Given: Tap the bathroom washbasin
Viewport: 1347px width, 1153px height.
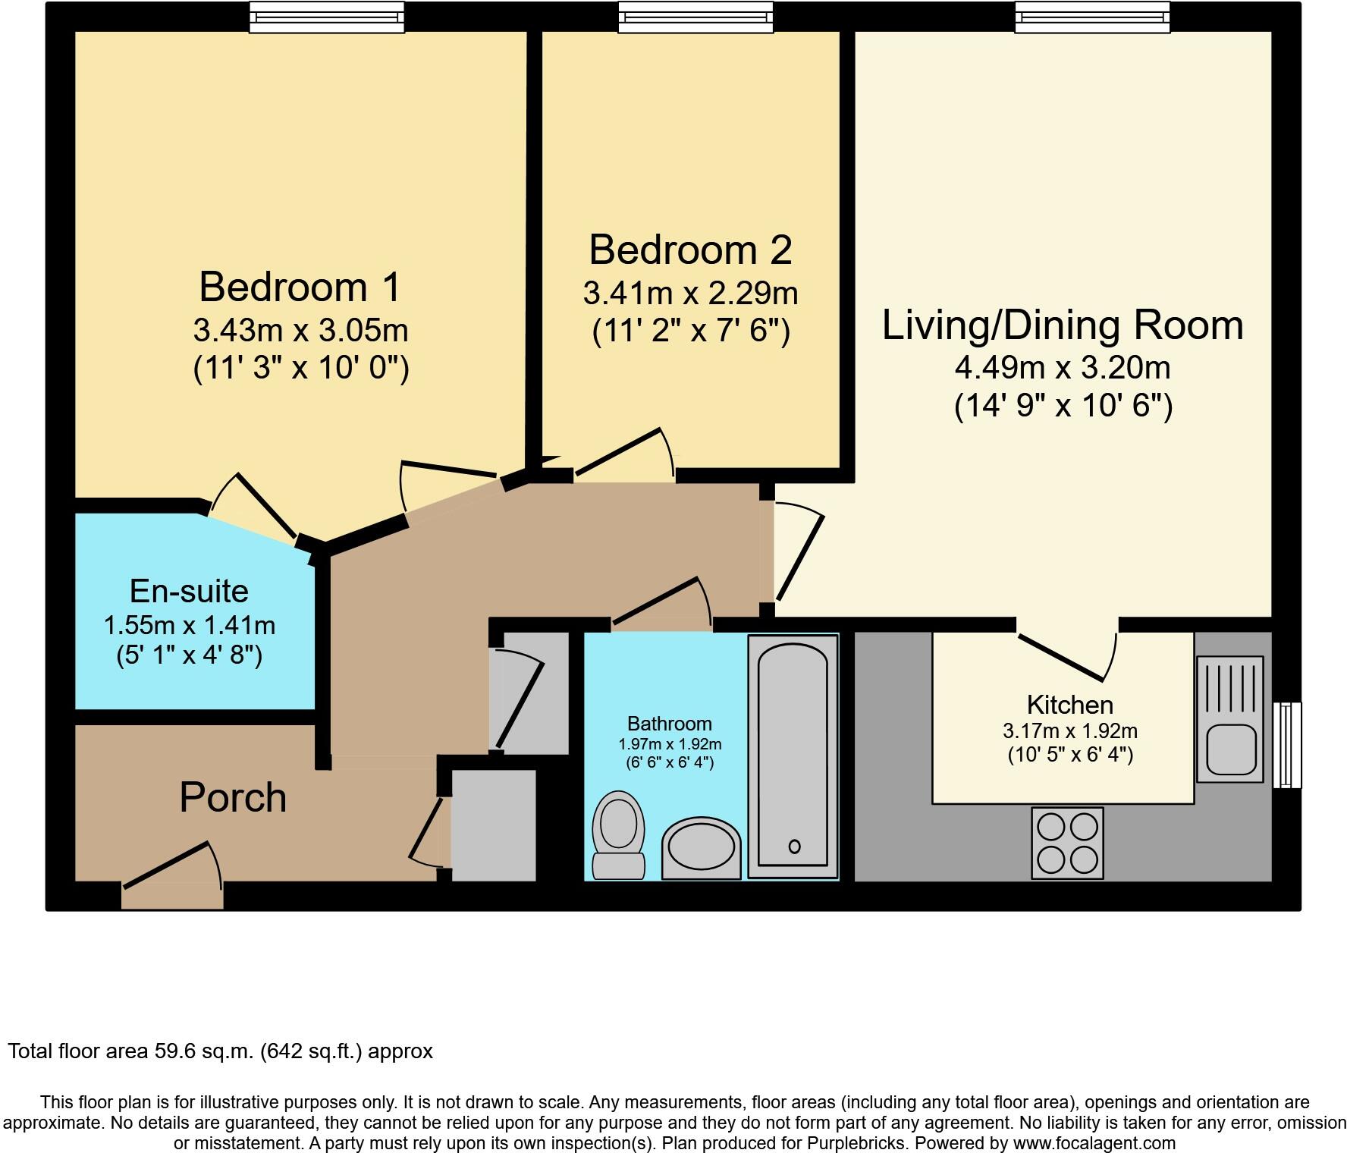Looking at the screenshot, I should click(701, 850).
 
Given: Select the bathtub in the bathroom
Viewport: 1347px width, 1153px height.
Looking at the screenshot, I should click(793, 755).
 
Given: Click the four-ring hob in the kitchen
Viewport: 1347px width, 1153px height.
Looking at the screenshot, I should click(1067, 843).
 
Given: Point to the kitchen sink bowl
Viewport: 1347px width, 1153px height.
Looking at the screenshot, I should click(1230, 748).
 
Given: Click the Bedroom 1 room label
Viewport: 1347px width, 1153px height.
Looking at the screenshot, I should click(300, 287).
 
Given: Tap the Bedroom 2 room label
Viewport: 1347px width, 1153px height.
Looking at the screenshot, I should click(690, 250).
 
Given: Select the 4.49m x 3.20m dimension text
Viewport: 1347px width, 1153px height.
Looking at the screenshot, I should click(1062, 368).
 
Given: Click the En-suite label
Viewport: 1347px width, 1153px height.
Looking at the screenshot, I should click(189, 591).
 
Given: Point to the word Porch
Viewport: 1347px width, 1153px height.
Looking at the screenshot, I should click(233, 798).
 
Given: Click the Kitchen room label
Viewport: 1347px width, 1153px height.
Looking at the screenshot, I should click(1069, 705).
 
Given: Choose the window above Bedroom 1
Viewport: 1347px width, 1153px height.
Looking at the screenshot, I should click(327, 17).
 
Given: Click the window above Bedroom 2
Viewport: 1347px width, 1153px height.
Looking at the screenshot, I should click(695, 17).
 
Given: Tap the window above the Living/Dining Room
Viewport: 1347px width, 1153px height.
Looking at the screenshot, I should click(1092, 17).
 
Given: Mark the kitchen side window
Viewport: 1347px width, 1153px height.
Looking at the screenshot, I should click(1286, 745).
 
